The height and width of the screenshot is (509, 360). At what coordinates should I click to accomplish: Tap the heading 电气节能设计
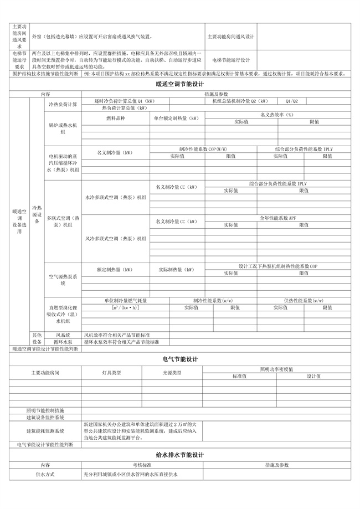point(180,359)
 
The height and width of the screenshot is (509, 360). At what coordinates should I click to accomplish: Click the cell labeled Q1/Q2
point(307,101)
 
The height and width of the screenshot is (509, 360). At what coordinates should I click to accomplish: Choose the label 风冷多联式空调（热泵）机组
point(115,238)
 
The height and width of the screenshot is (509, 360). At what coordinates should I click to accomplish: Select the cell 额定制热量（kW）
point(115,270)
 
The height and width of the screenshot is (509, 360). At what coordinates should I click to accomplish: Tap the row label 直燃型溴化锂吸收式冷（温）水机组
point(65,314)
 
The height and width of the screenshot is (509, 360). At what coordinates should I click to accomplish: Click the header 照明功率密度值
point(277,369)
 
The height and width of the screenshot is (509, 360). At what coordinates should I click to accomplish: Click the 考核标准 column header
point(133,465)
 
